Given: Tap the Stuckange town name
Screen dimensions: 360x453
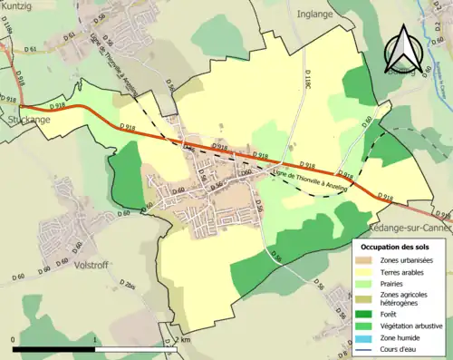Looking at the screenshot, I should (x=24, y=118).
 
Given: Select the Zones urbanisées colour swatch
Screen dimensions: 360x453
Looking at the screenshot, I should (x=368, y=260).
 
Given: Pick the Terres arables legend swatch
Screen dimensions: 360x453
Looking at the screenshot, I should (x=368, y=272).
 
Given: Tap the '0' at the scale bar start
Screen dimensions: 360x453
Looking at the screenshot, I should (x=14, y=339).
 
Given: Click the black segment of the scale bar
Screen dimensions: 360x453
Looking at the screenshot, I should (x=55, y=348).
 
